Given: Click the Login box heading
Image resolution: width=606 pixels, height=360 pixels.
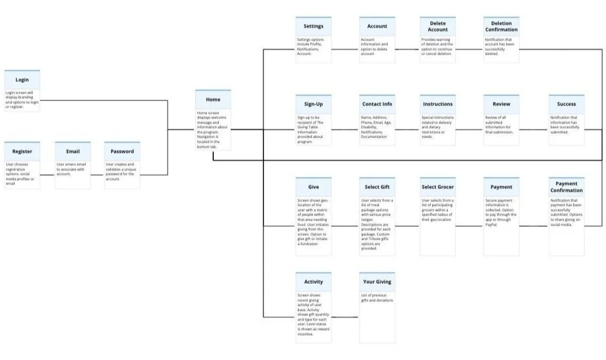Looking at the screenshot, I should [22, 80].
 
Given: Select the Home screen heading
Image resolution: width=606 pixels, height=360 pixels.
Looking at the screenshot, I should [213, 100].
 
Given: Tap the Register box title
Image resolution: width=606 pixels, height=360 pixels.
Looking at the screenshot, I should [22, 151].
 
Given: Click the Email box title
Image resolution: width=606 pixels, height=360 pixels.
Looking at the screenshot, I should [73, 151].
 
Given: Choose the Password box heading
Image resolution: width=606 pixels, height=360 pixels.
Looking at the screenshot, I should [122, 151].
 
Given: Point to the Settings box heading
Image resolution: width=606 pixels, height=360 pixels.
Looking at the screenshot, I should [313, 27].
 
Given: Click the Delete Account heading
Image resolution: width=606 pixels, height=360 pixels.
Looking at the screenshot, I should [438, 27].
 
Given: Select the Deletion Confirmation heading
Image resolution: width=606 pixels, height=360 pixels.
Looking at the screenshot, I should [501, 27].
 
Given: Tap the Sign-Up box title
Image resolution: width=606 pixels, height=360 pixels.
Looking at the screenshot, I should [313, 104].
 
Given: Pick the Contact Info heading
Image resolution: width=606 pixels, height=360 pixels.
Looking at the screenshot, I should [377, 104].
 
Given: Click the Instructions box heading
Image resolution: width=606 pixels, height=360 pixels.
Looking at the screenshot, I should [438, 104].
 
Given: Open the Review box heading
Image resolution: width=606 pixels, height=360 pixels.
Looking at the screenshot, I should [501, 104].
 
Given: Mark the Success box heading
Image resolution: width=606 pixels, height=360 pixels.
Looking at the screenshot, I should [567, 104].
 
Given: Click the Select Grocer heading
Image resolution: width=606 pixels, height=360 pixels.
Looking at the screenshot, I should [438, 187].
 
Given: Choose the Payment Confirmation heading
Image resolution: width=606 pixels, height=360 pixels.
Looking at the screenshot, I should [567, 187].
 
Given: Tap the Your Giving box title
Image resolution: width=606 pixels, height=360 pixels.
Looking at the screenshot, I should [377, 282].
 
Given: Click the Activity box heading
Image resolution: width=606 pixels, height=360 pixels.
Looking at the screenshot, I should [313, 282].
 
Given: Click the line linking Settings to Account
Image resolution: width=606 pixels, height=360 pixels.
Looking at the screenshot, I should [345, 49].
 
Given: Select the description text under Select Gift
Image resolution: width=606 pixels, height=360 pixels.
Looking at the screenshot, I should [377, 224].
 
